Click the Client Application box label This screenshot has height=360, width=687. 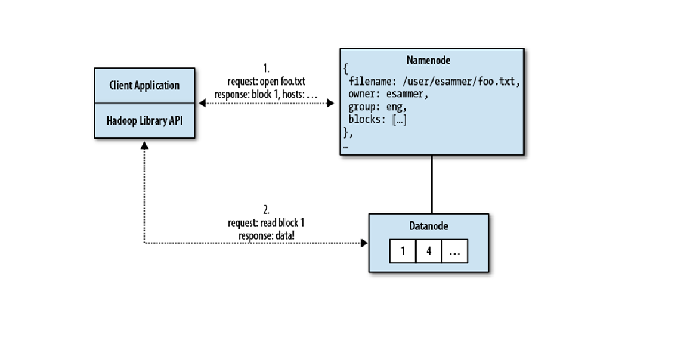point(144,85)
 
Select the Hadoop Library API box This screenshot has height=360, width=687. point(144,120)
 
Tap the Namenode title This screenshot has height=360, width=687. point(428,60)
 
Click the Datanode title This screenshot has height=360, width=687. point(428,226)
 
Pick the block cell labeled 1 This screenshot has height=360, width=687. point(403,251)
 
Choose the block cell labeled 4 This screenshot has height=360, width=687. point(428,251)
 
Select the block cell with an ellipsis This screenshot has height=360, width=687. point(454,251)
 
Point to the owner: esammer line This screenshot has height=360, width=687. point(388,95)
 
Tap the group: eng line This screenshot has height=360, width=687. point(377,107)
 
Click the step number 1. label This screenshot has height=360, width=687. point(267,68)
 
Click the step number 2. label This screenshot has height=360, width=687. point(267,210)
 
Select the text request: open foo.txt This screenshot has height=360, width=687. point(267,80)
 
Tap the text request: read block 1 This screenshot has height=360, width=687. point(267,222)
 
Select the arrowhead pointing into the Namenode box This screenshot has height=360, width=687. point(330,103)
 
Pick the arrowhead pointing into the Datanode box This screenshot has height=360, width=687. point(364,243)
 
